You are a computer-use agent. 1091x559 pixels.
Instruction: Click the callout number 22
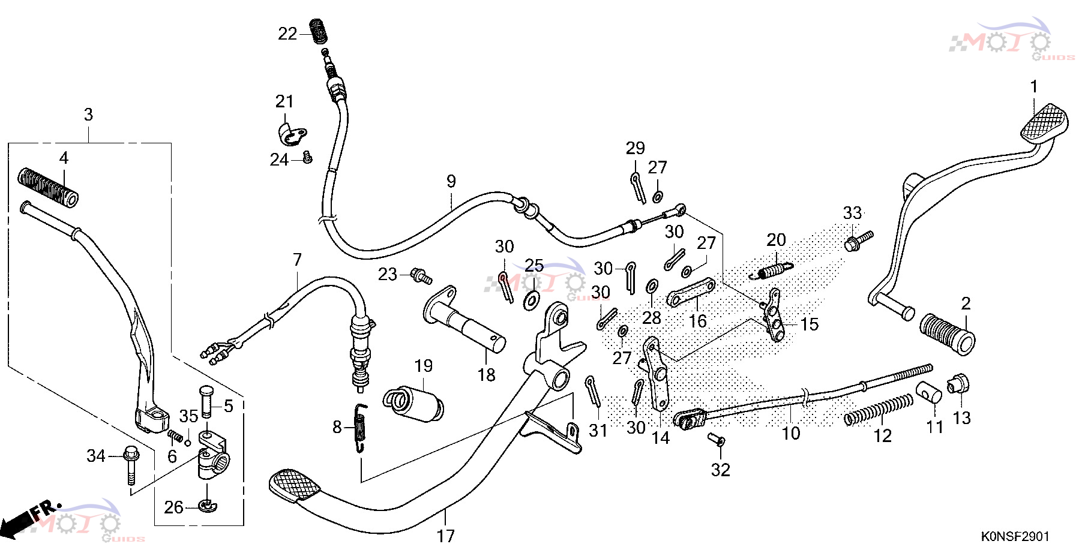pyautogui.click(x=287, y=34)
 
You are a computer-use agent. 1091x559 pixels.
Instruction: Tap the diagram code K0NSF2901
pyautogui.click(x=1015, y=536)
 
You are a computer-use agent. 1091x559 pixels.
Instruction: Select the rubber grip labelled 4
pyautogui.click(x=48, y=188)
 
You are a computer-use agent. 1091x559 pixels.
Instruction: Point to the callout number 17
pyautogui.click(x=445, y=536)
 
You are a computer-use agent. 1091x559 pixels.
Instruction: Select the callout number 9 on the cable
pyautogui.click(x=451, y=181)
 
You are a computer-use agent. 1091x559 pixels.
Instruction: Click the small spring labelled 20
pyautogui.click(x=772, y=271)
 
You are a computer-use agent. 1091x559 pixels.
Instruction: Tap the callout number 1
pyautogui.click(x=1034, y=86)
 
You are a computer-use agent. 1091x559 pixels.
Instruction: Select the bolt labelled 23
pyautogui.click(x=421, y=277)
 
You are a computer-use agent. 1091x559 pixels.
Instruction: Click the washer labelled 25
pyautogui.click(x=532, y=300)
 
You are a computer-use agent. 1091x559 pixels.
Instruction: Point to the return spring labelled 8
pyautogui.click(x=360, y=427)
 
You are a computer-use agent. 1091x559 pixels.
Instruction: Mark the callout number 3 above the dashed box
pyautogui.click(x=88, y=114)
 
